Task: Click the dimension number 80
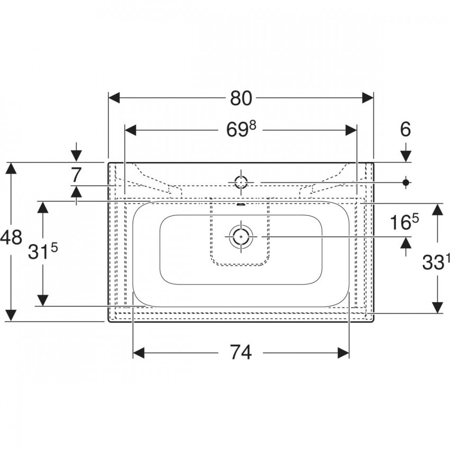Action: tap(241, 98)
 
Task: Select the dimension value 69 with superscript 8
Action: tap(241, 129)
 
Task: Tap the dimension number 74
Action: tap(241, 353)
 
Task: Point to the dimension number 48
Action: tap(11, 238)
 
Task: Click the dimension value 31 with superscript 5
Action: tap(43, 251)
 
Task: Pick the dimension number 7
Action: tap(76, 175)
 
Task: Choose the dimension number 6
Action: tap(405, 129)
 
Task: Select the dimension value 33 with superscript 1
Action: tap(435, 262)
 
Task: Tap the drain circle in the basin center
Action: tap(241, 236)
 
